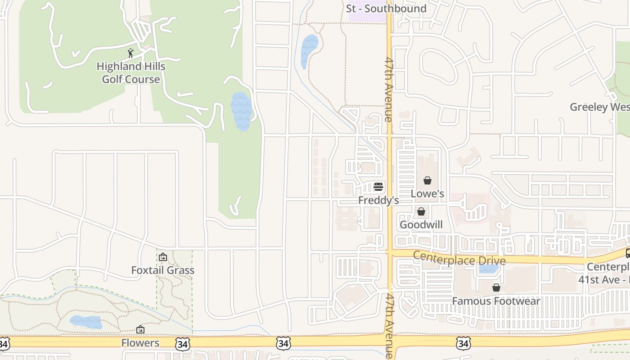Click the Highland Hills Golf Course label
[x=131, y=73]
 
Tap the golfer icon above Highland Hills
[x=130, y=54]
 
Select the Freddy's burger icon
[x=378, y=186]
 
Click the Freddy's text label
[x=378, y=200]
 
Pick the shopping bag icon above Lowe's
[x=427, y=180]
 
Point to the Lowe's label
[x=427, y=194]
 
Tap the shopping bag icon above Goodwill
[x=421, y=211]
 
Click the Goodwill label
[x=421, y=225]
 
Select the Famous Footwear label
[x=496, y=301]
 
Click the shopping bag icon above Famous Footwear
[x=496, y=288]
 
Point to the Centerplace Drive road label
[x=459, y=259]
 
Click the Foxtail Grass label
[x=162, y=270]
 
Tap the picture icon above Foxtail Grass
[x=163, y=257]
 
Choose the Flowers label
[x=140, y=343]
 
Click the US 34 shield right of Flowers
[x=183, y=344]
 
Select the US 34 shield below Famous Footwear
[x=463, y=343]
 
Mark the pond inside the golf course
[x=241, y=112]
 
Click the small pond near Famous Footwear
[x=489, y=269]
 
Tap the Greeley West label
[x=599, y=107]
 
